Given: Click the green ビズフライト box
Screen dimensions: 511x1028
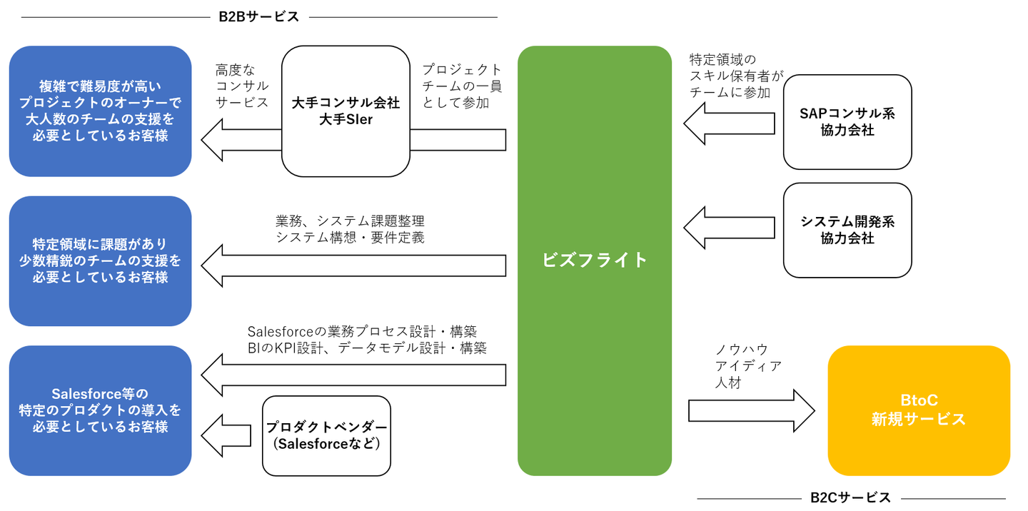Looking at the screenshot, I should tap(594, 260).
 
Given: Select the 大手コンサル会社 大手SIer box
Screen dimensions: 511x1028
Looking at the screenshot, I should tap(346, 111).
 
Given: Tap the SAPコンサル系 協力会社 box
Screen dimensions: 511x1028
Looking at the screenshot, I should tap(847, 122).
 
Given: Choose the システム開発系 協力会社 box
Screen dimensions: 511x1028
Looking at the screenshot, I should tap(847, 230).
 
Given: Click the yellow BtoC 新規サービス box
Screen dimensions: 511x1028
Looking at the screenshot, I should tap(918, 410).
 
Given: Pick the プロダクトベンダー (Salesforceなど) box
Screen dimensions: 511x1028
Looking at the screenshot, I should tap(327, 435).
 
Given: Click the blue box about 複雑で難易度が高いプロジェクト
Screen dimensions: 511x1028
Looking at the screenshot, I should tap(100, 111).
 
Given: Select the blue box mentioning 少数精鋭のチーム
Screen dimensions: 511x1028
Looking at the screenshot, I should tap(100, 260).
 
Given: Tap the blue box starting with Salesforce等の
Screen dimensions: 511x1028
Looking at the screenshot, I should tap(100, 410).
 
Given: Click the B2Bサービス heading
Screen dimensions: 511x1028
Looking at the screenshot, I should tap(259, 16).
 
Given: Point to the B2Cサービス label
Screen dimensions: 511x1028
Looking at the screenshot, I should tap(851, 497).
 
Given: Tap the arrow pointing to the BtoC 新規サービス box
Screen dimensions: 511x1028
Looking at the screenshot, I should tap(751, 410).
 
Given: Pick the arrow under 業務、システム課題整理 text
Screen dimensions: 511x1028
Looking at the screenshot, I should tap(353, 265).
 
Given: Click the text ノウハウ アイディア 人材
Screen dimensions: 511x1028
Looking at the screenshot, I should tap(748, 366).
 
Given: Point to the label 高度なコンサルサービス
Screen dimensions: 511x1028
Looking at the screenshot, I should tap(242, 86).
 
